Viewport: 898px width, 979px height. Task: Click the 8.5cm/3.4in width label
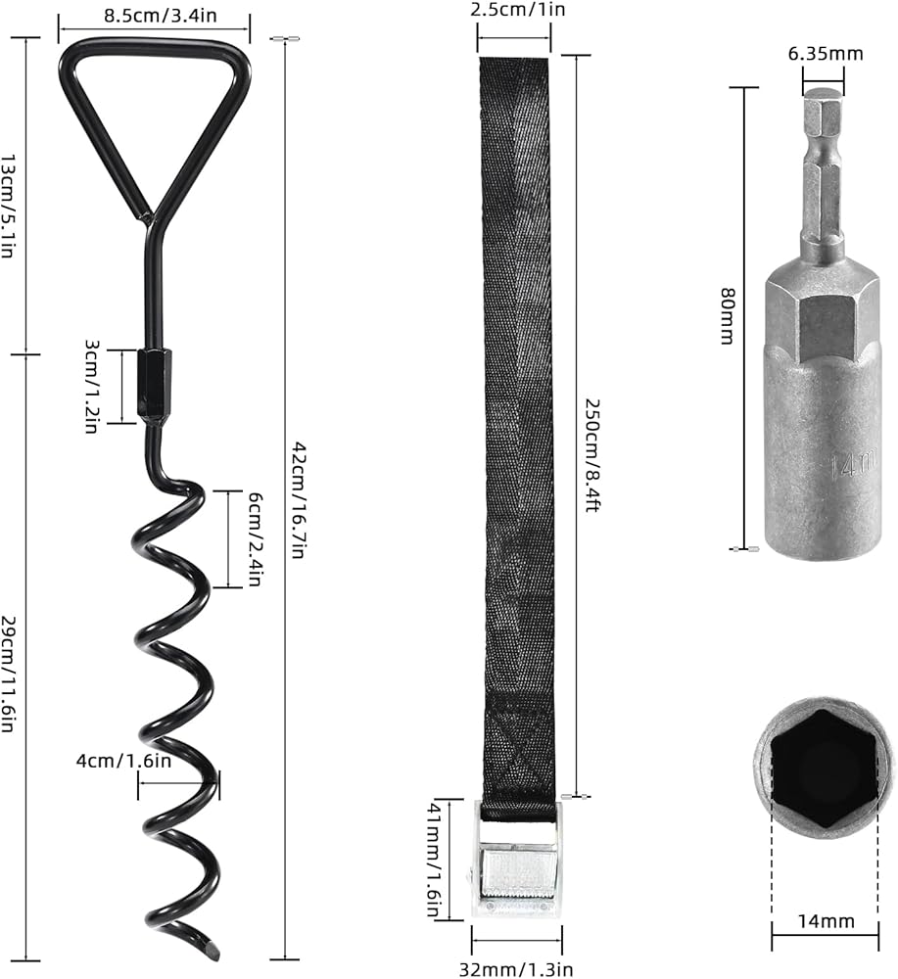pos(161,15)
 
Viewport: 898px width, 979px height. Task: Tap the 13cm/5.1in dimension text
pos(8,207)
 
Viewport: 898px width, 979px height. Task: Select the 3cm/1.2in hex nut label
pos(92,387)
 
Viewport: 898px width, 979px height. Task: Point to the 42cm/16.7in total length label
pos(299,500)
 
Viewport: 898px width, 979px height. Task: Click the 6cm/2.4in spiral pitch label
pos(255,538)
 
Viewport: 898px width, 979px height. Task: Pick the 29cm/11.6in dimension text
pos(8,675)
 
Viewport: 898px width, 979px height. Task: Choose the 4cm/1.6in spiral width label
pos(123,761)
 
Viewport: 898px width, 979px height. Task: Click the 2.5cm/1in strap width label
pos(518,10)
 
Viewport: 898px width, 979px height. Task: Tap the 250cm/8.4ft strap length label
pos(592,455)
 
